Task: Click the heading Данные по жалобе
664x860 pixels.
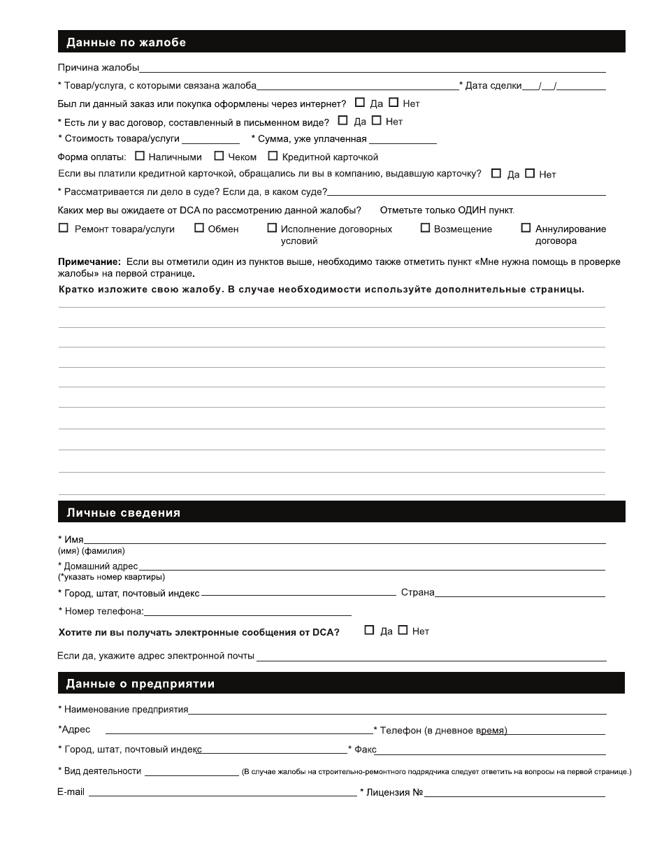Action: click(x=126, y=43)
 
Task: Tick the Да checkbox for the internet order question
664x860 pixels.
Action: click(x=360, y=102)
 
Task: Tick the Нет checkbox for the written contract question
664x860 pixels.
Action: click(x=376, y=120)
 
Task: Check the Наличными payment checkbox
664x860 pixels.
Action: click(x=139, y=156)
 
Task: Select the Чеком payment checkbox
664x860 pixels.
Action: click(x=219, y=156)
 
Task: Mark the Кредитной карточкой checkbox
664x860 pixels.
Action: click(x=273, y=156)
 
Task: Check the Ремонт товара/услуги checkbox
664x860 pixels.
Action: click(x=64, y=228)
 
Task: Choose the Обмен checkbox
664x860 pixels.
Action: click(x=199, y=228)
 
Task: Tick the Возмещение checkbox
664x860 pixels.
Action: click(x=425, y=228)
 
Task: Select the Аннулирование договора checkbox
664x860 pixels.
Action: click(x=526, y=228)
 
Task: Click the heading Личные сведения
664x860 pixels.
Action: click(x=123, y=513)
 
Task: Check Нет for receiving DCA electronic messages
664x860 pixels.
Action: click(x=403, y=630)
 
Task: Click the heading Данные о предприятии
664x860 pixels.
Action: click(x=140, y=684)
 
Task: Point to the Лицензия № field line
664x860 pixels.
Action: click(x=514, y=794)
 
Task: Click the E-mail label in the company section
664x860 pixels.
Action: click(x=71, y=792)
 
